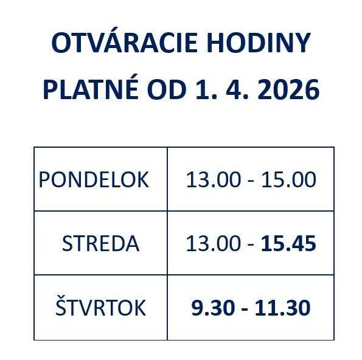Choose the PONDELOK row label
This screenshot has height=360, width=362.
tap(94, 180)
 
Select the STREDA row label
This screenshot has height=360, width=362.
tap(100, 244)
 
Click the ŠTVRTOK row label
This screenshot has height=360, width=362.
tap(100, 308)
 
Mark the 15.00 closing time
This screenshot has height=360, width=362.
tap(289, 180)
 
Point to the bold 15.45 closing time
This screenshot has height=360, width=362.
tap(289, 244)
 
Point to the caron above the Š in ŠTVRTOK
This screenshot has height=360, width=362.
tap(61, 296)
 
